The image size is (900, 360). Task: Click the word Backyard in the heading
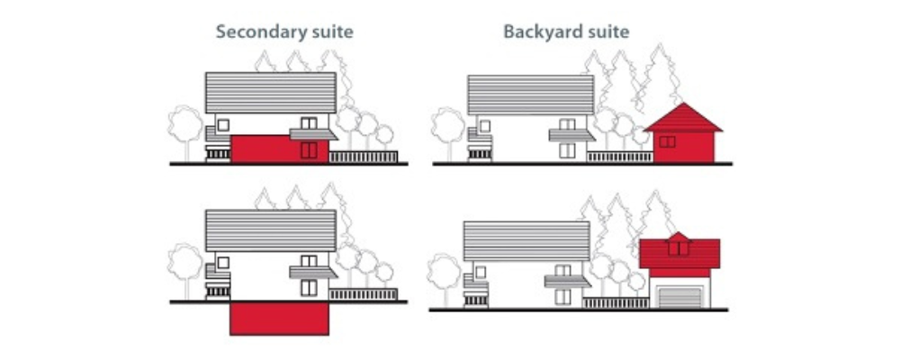(537, 32)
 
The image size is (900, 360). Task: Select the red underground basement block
(280, 319)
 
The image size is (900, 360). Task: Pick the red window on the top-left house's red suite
(309, 150)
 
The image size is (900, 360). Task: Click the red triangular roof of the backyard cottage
(682, 118)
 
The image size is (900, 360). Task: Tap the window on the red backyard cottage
(667, 141)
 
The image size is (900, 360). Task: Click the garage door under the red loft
(680, 297)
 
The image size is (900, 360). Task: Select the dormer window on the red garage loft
(678, 248)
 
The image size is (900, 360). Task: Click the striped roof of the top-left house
(270, 93)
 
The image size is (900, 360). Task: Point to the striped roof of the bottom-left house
(270, 230)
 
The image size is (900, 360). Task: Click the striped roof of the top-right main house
(531, 94)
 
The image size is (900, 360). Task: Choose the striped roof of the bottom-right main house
(526, 241)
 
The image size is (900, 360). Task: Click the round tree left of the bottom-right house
(445, 279)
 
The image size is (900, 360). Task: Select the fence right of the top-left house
(364, 157)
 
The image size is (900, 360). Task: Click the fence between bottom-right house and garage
(616, 302)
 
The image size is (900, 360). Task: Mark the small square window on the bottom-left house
(223, 263)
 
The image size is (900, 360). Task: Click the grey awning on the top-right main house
(571, 136)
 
